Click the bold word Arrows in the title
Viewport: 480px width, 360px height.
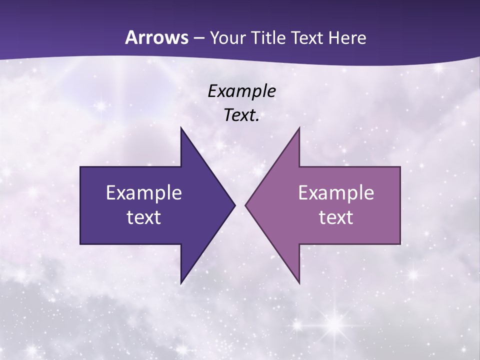point(156,37)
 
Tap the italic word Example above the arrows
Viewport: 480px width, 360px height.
point(241,91)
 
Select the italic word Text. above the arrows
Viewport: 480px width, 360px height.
point(241,115)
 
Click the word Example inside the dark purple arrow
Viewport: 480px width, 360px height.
point(144,192)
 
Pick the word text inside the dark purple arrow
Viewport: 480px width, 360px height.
point(144,217)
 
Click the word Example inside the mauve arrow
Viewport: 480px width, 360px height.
point(336,192)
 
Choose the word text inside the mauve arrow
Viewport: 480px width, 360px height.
point(336,217)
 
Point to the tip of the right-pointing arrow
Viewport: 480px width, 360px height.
point(235,205)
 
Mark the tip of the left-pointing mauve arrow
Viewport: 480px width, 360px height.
point(245,205)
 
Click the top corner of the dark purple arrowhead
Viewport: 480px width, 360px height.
point(181,127)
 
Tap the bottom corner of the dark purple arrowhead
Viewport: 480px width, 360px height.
point(181,283)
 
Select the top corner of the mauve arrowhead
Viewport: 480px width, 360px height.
point(299,127)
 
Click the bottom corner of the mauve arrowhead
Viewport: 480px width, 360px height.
point(299,283)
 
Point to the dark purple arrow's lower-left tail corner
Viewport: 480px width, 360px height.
point(80,243)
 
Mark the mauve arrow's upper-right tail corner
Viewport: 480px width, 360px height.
point(400,167)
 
